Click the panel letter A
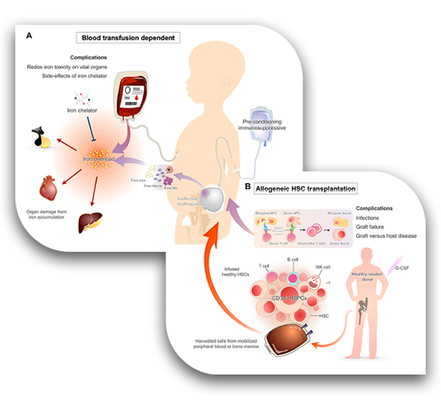[29, 36]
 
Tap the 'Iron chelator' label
[82, 108]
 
